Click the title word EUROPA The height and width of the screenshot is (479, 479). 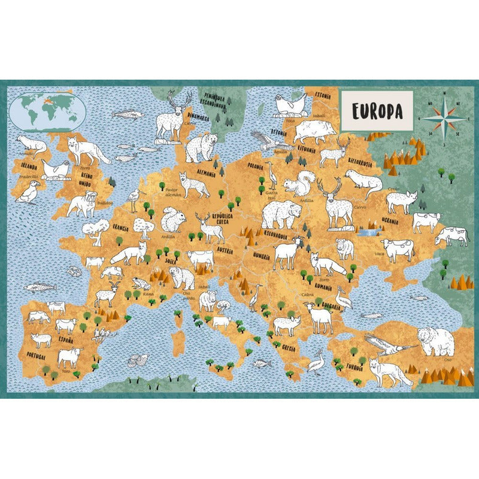376,111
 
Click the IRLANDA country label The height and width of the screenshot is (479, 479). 29,166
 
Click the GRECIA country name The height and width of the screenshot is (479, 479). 290,348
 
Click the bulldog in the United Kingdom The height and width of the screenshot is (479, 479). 81,204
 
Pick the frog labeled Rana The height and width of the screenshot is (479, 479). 141,283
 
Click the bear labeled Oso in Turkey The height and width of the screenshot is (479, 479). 436,341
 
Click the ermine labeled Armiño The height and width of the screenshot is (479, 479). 31,144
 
